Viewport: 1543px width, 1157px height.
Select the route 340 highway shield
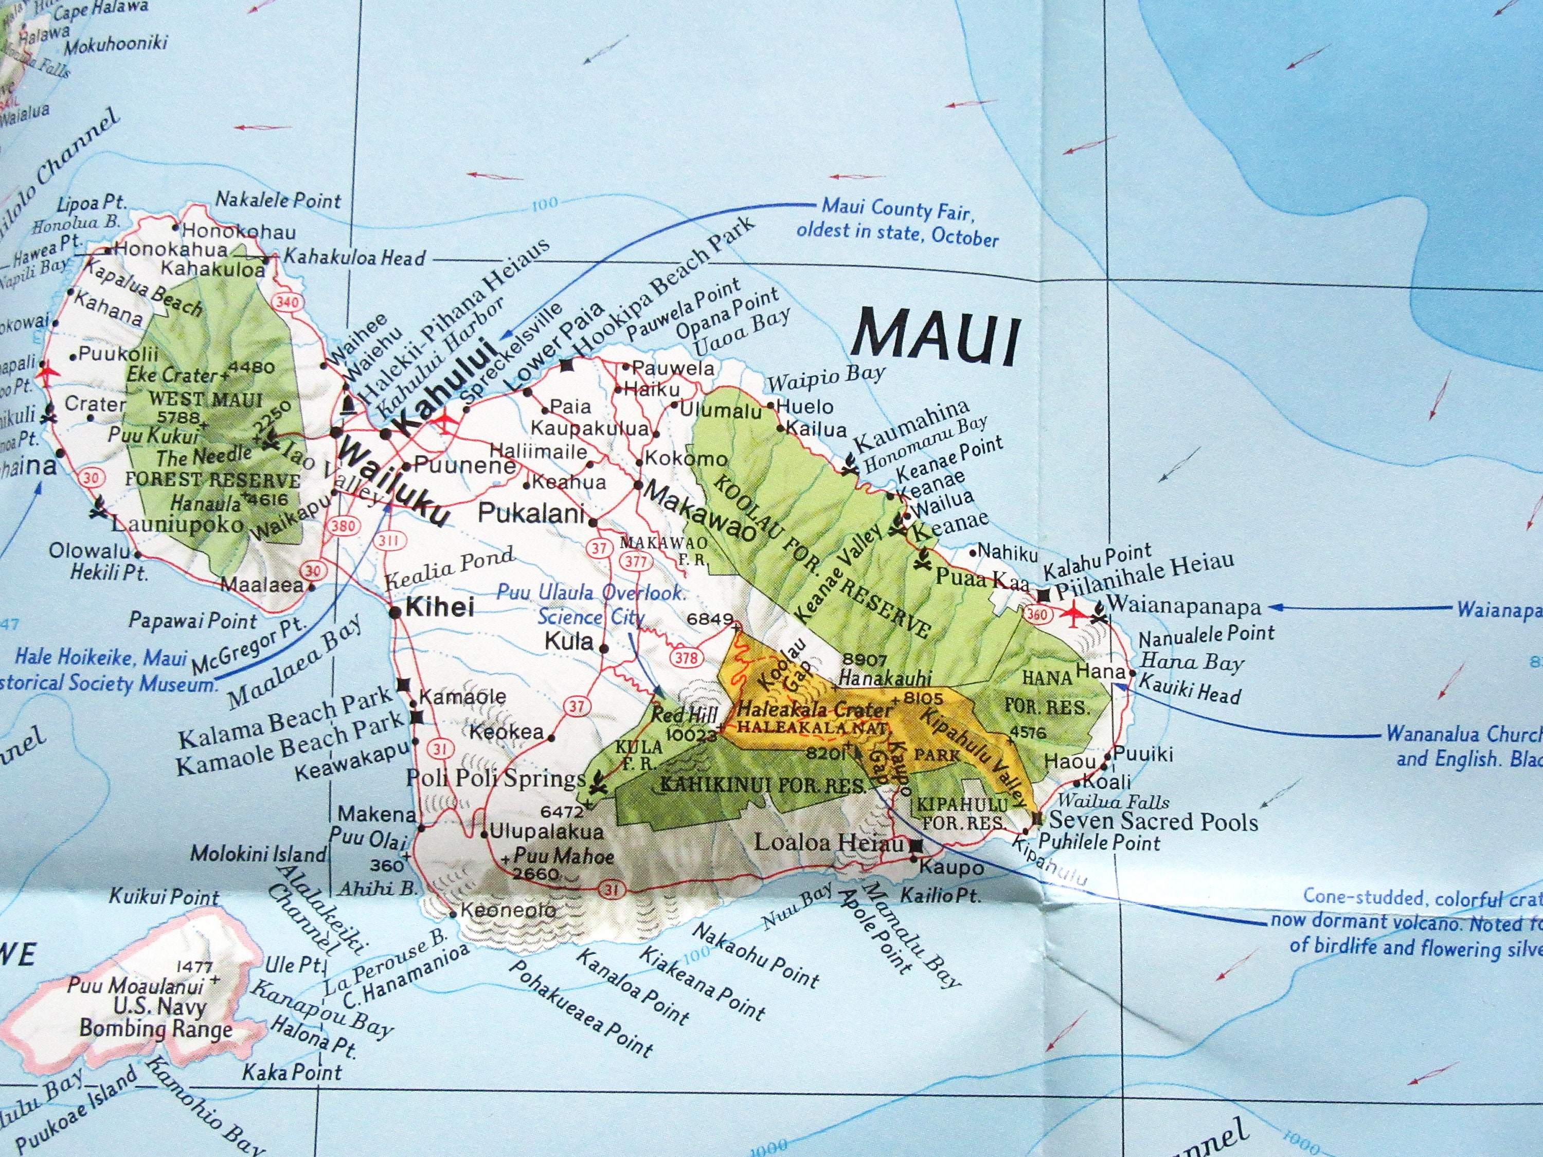[x=288, y=302]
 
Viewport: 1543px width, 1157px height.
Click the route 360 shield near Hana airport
[x=1037, y=613]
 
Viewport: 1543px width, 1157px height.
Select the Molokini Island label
[x=258, y=853]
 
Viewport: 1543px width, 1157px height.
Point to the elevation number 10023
[x=691, y=735]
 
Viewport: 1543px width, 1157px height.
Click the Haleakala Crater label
[x=815, y=710]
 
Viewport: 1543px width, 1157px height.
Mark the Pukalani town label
[x=531, y=513]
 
